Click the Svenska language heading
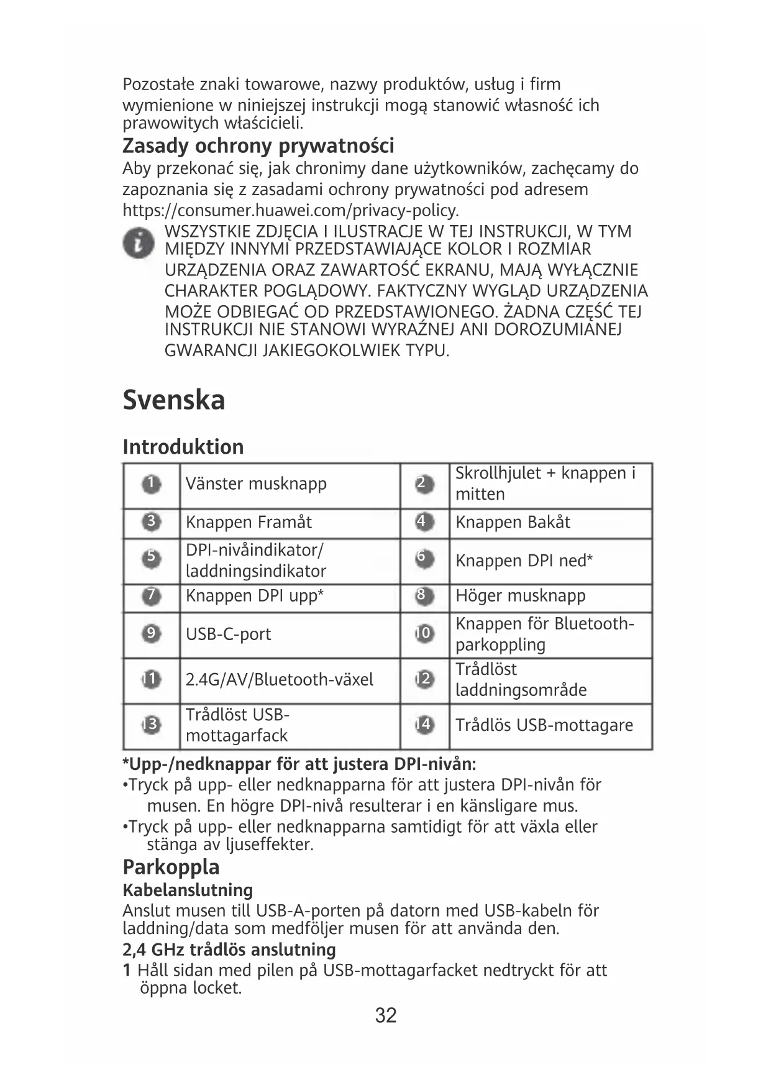click(x=173, y=400)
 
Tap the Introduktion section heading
click(x=183, y=447)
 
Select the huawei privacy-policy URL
click(x=291, y=210)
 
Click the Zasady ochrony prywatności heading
click(x=258, y=146)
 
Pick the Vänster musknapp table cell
click(x=256, y=484)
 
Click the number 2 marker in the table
click(x=424, y=484)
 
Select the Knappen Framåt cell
click(x=249, y=523)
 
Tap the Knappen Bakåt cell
click(x=513, y=523)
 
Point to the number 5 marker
click(x=151, y=557)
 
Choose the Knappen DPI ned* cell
click(x=524, y=561)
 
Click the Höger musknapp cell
click(x=520, y=596)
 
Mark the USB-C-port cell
click(x=228, y=634)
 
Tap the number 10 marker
click(x=424, y=634)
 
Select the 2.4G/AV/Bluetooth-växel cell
click(x=279, y=680)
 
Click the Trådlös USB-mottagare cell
click(x=544, y=725)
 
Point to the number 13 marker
click(x=151, y=725)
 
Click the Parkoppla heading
click(x=171, y=867)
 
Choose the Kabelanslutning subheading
click(x=188, y=891)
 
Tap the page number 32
click(x=386, y=1015)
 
